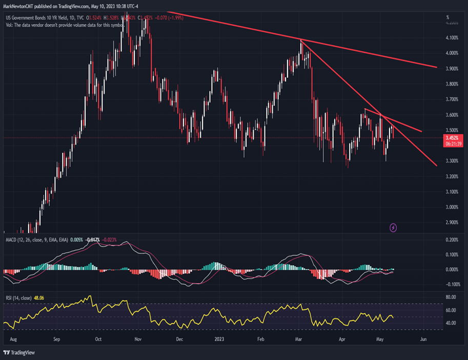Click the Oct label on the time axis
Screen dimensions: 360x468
[x=98, y=339]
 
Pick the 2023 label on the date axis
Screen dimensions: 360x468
[x=219, y=339]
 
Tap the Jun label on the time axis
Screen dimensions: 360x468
[x=423, y=339]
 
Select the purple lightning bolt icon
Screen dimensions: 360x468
[x=393, y=227]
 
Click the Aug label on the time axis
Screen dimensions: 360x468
[x=14, y=339]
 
